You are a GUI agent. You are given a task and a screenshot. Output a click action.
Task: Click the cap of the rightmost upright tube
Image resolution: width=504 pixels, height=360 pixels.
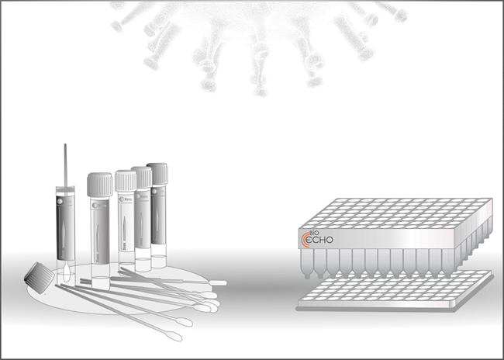coord(157,173)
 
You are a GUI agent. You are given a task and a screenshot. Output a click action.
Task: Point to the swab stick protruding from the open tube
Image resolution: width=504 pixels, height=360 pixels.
coord(66,163)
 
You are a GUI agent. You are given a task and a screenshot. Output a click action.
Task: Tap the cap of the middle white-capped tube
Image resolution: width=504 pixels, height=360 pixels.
coord(126,181)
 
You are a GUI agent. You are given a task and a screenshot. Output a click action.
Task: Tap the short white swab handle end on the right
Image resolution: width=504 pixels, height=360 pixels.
coord(218,282)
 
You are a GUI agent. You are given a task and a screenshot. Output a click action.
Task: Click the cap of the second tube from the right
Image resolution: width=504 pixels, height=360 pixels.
coord(142,177)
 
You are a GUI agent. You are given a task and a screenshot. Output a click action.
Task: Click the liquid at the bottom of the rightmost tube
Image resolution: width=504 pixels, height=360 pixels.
coord(158,261)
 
